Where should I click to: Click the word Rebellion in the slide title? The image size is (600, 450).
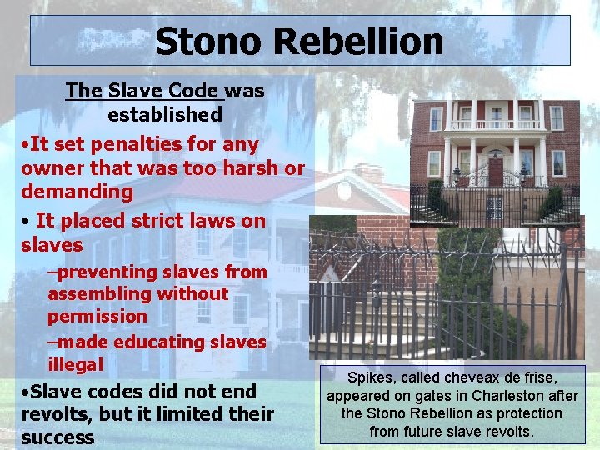[363, 41]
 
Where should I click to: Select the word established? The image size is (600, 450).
[165, 114]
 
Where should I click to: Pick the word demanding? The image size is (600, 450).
[77, 192]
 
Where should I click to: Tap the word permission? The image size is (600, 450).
[97, 316]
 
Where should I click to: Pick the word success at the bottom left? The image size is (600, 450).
[57, 437]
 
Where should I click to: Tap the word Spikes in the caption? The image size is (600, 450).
[369, 377]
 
